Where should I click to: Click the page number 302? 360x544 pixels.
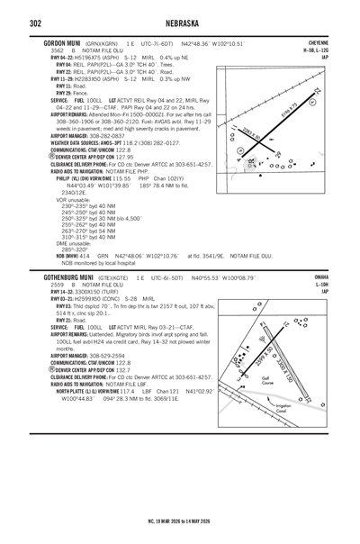coord(36,22)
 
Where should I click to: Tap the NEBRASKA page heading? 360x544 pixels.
coord(181,22)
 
